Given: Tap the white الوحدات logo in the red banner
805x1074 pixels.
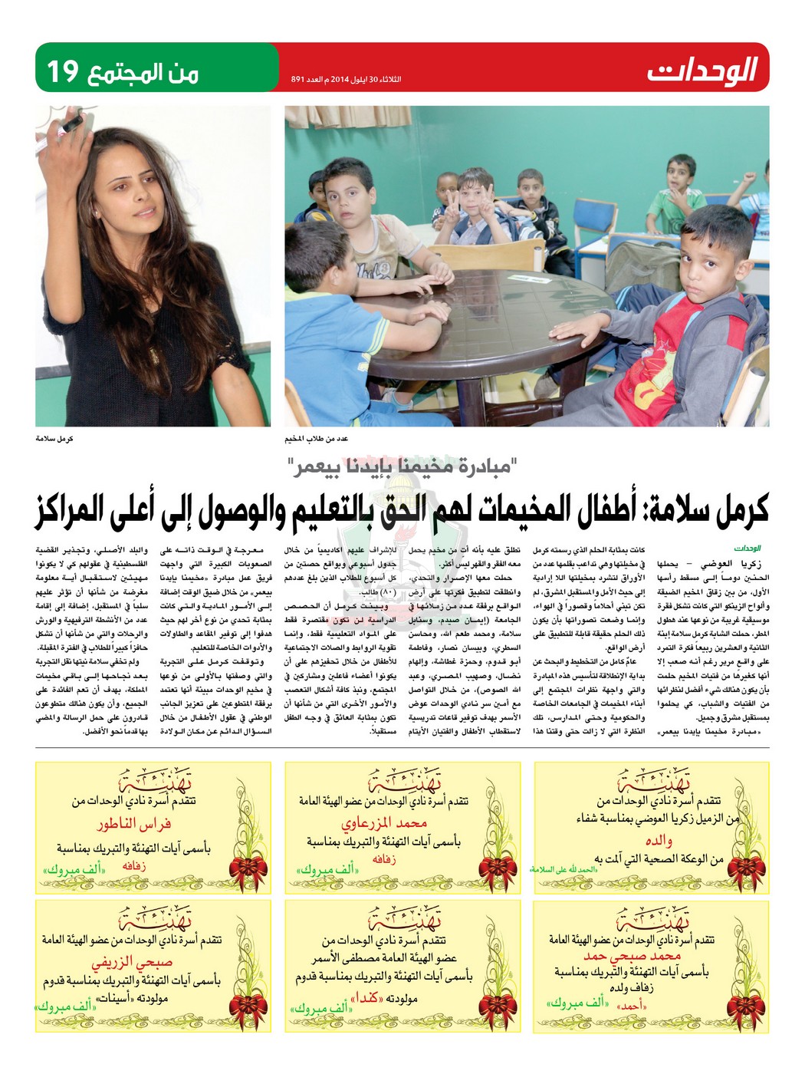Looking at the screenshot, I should pyautogui.click(x=701, y=70).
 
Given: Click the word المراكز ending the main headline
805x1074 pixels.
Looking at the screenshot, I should pyautogui.click(x=85, y=509).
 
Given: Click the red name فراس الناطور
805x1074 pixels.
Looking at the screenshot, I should pyautogui.click(x=133, y=826).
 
